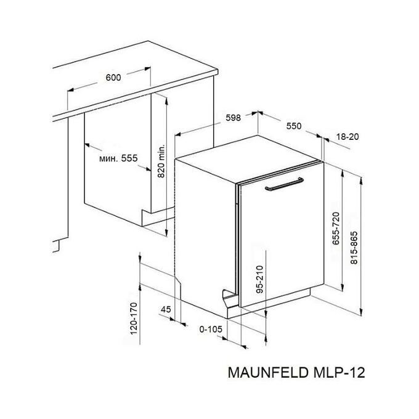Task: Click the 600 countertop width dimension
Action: (x=113, y=78)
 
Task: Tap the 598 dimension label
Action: (x=234, y=118)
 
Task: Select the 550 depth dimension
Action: (x=294, y=126)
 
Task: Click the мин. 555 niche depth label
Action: (x=118, y=158)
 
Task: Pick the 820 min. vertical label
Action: (x=161, y=161)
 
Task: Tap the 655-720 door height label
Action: (x=336, y=228)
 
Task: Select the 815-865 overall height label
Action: (x=354, y=248)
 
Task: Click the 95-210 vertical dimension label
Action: (x=260, y=279)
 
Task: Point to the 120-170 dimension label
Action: (x=134, y=319)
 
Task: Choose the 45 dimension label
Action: (x=166, y=309)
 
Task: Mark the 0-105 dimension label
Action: (x=211, y=329)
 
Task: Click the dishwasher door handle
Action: (x=284, y=184)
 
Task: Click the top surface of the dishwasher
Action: (x=247, y=158)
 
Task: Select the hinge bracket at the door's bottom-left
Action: (x=230, y=296)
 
